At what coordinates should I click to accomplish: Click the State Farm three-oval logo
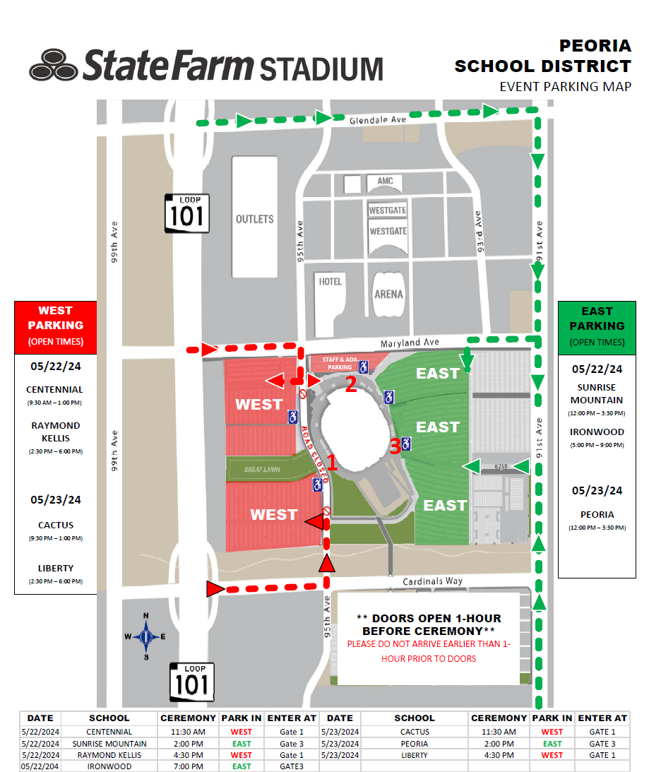click(x=54, y=65)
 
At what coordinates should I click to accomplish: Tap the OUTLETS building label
click(x=254, y=219)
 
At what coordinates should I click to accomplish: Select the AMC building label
click(x=385, y=182)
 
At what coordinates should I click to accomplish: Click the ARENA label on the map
click(x=389, y=294)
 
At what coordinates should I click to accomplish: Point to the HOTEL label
click(x=330, y=282)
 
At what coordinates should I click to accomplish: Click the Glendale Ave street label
click(x=378, y=121)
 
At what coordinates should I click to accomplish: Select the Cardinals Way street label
click(x=433, y=582)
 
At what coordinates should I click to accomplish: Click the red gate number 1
click(x=332, y=465)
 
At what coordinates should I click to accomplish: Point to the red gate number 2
click(x=351, y=384)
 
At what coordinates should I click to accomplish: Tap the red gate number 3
click(x=395, y=446)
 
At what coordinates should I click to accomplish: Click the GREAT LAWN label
click(x=262, y=469)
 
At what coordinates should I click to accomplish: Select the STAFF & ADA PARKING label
click(x=337, y=363)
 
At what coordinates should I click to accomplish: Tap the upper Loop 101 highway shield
click(x=187, y=213)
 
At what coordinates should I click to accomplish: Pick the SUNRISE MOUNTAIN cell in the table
click(x=109, y=744)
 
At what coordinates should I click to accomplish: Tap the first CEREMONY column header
click(x=183, y=718)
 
